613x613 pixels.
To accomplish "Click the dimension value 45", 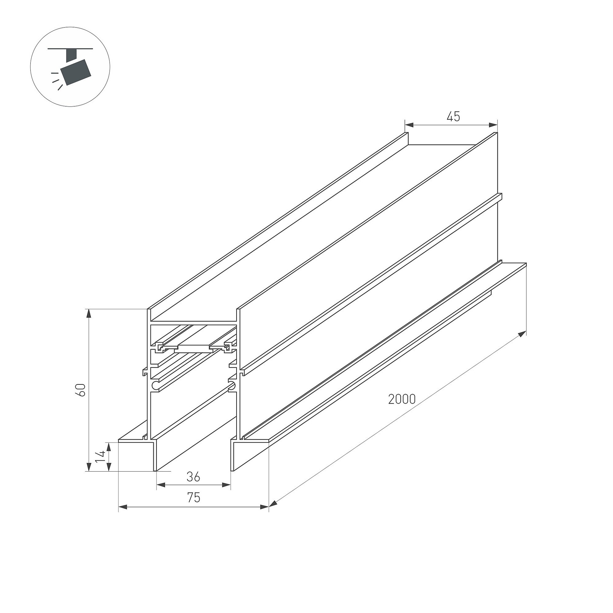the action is coord(453,117).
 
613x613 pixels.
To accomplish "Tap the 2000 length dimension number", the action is coord(402,399).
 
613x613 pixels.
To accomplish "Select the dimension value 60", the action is coord(81,390).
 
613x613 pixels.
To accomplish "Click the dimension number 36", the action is coord(193,477).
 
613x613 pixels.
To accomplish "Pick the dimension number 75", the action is coord(193,498).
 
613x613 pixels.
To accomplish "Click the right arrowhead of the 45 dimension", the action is coord(493,125).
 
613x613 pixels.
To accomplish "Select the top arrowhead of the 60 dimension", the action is coord(89,313).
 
